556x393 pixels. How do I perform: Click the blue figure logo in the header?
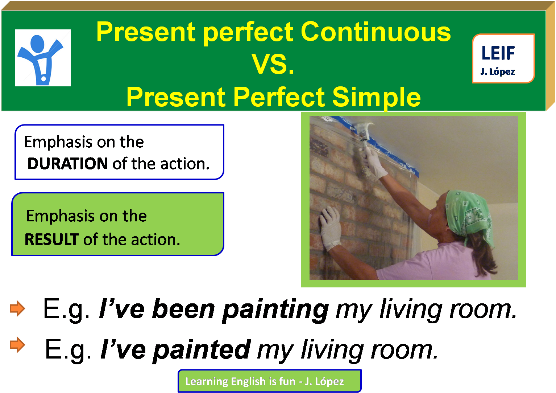(x=42, y=58)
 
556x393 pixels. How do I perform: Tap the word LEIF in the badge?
(x=498, y=53)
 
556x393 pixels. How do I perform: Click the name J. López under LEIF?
(x=497, y=71)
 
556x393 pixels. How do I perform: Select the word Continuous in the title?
(x=375, y=32)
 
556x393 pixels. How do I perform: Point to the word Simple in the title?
(x=376, y=97)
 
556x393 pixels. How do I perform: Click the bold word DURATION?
(x=67, y=164)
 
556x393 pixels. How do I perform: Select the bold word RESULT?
(x=51, y=240)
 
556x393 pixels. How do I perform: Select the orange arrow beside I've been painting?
(x=17, y=309)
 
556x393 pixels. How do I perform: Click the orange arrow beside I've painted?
(x=17, y=345)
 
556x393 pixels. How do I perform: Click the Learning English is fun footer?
(x=269, y=381)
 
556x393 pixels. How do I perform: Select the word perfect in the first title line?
(x=249, y=32)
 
